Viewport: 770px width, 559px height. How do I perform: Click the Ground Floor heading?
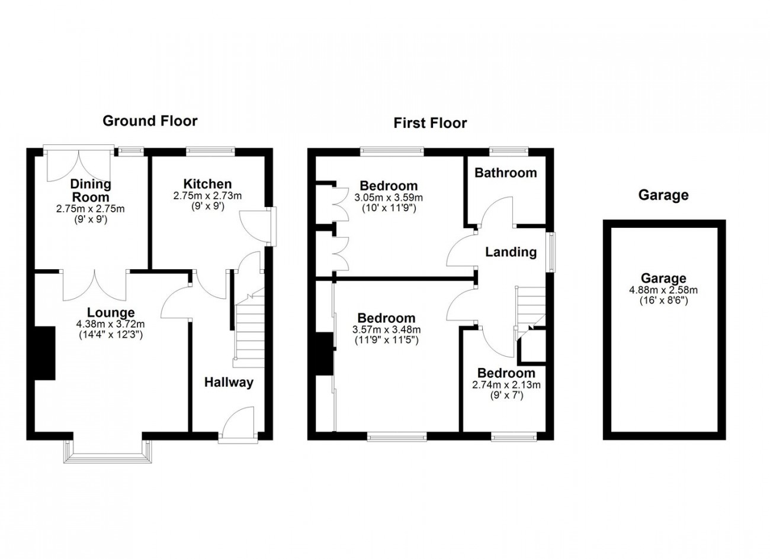[150, 121]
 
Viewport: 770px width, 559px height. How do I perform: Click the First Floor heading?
[430, 123]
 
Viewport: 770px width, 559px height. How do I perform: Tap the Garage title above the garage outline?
[663, 195]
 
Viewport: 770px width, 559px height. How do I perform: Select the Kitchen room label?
[207, 184]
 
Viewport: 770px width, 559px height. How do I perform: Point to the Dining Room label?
[90, 190]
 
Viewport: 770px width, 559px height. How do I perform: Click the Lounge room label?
[111, 312]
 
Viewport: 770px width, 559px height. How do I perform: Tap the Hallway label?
[229, 382]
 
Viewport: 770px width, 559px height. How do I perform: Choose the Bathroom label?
[506, 173]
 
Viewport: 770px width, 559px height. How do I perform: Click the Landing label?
[511, 252]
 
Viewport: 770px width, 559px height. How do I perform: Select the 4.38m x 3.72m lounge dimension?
[111, 324]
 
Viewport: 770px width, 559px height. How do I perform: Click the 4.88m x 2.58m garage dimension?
[663, 290]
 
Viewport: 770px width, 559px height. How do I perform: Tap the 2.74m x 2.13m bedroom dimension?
[506, 384]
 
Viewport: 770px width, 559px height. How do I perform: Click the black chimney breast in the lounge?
[44, 353]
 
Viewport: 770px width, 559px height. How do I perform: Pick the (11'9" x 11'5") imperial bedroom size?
[386, 340]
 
